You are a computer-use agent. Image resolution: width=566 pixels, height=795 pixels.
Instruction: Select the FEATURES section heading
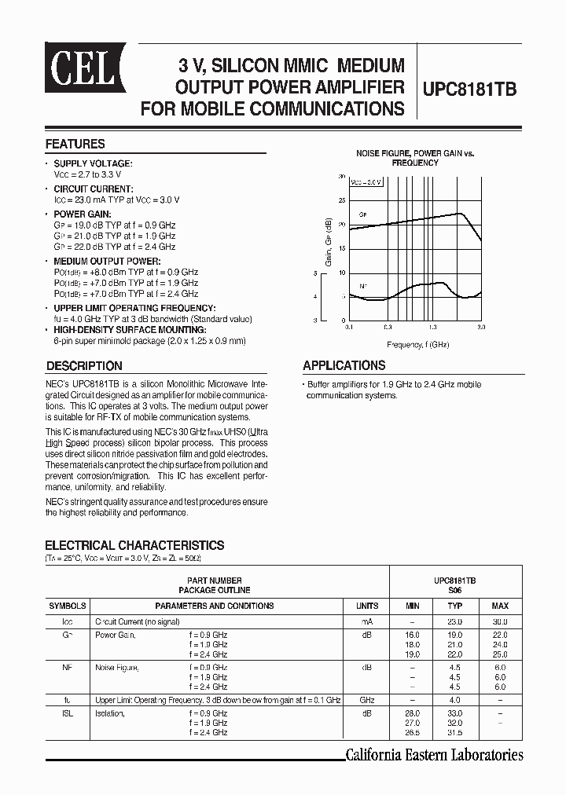click(75, 145)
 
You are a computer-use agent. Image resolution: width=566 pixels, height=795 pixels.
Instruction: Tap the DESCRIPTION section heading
click(84, 365)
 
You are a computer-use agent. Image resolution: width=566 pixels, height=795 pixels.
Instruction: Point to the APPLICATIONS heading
click(344, 365)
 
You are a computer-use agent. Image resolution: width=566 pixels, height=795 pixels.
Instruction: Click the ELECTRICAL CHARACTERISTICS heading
click(134, 545)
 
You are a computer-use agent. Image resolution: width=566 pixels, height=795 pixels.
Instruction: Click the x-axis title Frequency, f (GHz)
click(418, 344)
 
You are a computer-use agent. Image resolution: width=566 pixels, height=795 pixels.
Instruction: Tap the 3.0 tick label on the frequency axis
click(481, 327)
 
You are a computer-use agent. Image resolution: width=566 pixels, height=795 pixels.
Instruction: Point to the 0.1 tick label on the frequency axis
click(349, 327)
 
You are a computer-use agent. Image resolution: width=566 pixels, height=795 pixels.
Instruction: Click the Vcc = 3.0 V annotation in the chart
click(366, 181)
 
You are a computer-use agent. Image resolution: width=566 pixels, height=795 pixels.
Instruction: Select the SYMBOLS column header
click(68, 606)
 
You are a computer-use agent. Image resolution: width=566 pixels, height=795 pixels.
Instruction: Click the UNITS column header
click(367, 606)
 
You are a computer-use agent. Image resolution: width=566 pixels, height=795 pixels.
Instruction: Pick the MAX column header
click(500, 606)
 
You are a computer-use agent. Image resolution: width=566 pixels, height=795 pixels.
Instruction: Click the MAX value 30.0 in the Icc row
click(500, 621)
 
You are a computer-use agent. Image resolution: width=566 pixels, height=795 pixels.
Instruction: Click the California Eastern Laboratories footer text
click(435, 755)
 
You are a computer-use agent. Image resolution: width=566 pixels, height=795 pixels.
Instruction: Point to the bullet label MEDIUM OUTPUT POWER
click(107, 261)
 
